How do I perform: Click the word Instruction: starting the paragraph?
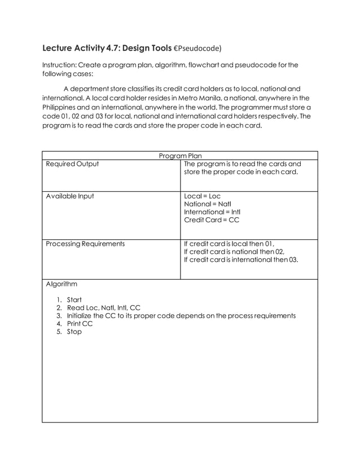[64, 65]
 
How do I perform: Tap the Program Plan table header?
[179, 156]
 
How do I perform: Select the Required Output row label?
[72, 164]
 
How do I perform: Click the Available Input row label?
[70, 196]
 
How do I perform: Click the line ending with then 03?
[241, 260]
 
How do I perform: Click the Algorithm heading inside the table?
[62, 284]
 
